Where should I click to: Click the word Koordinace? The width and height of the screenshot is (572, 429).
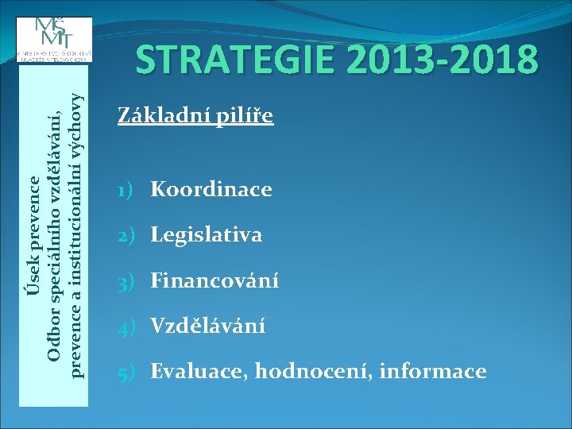coord(211,190)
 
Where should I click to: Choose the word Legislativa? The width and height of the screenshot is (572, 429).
coord(207,235)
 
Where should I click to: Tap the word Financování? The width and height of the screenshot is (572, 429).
coord(214,280)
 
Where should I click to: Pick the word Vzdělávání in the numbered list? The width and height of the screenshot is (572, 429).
coord(208,326)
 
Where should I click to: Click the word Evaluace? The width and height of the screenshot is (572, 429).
coord(199,371)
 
